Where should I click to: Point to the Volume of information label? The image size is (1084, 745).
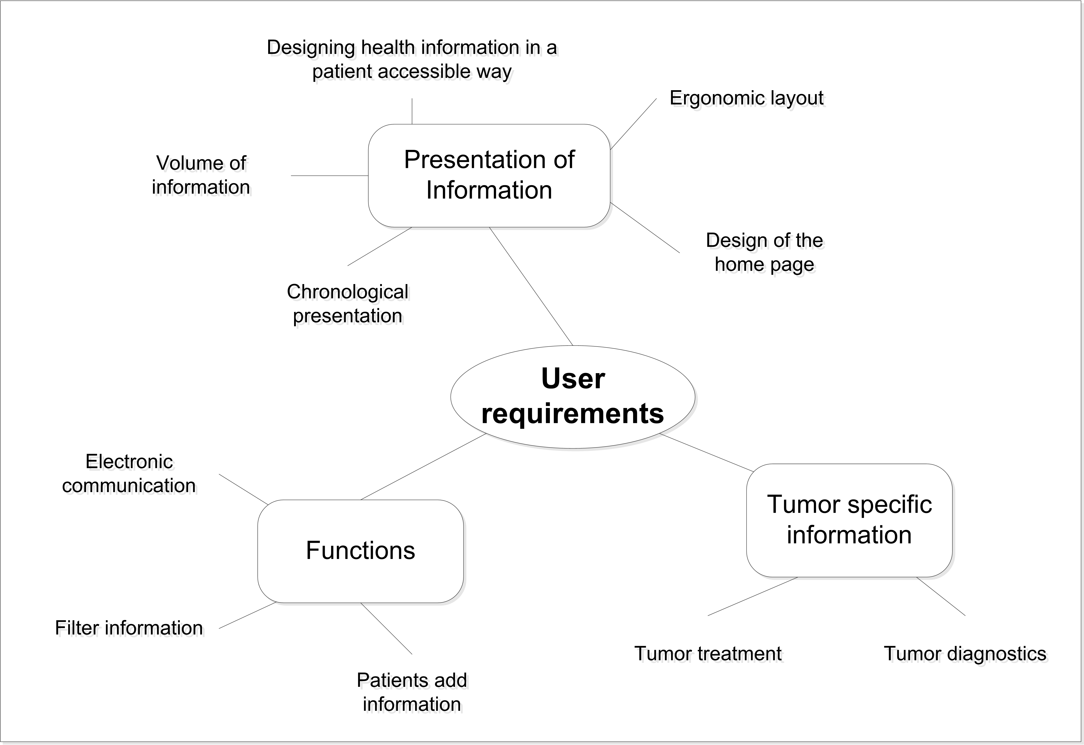pos(201,175)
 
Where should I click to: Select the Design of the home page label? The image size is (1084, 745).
pos(764,252)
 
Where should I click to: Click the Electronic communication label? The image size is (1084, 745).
pos(129,473)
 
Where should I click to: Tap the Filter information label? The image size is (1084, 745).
pos(129,628)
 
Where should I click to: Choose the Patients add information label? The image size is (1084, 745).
pos(412,692)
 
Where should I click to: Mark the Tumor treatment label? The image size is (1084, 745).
pos(708,654)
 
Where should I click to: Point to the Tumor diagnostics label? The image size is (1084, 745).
pos(965,654)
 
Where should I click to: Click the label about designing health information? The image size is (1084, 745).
pos(412,59)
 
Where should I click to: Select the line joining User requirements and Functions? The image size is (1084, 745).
pos(423,467)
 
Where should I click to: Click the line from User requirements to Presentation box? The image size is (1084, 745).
pos(531,286)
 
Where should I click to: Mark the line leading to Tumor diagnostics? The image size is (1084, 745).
pos(941,596)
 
